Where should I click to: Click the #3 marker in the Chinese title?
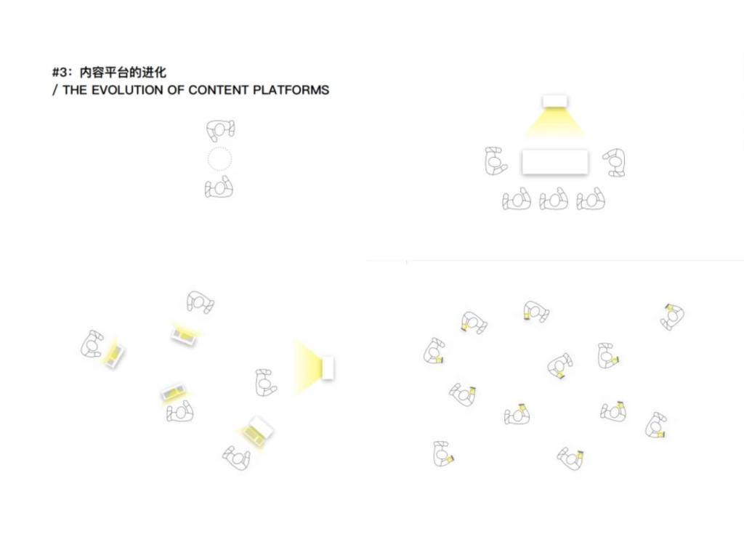[x=60, y=73]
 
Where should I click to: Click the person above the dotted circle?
[x=221, y=131]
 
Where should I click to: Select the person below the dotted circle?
[x=219, y=187]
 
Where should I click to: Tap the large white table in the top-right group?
[x=554, y=162]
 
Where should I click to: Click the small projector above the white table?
[x=554, y=101]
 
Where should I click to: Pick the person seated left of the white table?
[x=496, y=161]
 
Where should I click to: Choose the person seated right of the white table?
[x=615, y=162]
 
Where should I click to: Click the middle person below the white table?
[x=554, y=199]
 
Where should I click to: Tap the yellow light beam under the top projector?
[x=554, y=122]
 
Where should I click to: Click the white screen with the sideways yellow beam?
[x=328, y=367]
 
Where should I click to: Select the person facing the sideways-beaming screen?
[x=265, y=382]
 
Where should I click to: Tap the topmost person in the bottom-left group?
[x=200, y=302]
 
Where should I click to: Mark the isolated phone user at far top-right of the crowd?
[x=673, y=317]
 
